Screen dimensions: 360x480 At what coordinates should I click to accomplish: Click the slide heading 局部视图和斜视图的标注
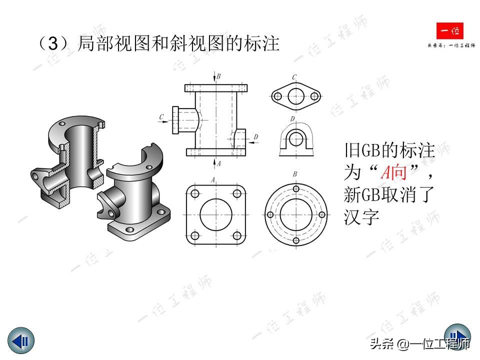click(x=178, y=44)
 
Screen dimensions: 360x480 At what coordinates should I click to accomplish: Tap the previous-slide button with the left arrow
click(x=21, y=341)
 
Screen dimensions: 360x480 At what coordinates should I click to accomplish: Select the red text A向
click(x=393, y=173)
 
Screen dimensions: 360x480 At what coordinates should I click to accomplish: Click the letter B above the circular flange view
click(x=295, y=174)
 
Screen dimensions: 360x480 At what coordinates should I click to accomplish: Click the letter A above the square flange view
click(x=213, y=179)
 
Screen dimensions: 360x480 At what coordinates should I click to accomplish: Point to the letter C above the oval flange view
click(x=294, y=77)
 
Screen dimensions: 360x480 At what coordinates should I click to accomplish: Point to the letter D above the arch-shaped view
click(x=293, y=119)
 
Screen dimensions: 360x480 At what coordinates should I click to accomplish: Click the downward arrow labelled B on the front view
click(x=215, y=79)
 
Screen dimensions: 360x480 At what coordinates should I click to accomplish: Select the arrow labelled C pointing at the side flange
click(x=165, y=120)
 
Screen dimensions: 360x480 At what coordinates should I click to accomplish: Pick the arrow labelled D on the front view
click(x=252, y=142)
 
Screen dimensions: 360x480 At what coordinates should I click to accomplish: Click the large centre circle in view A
click(x=215, y=215)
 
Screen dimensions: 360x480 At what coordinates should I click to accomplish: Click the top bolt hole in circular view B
click(x=296, y=190)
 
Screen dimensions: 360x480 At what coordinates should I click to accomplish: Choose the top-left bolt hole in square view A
click(x=194, y=193)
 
